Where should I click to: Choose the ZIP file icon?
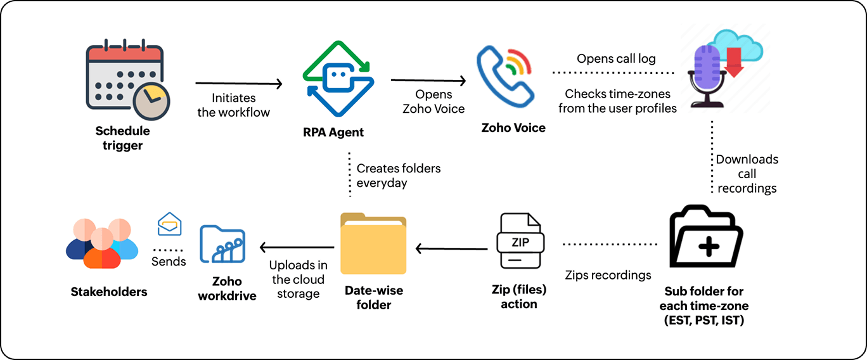[x=520, y=241]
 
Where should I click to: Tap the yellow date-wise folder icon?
[x=373, y=245]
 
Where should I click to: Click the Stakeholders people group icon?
[x=102, y=244]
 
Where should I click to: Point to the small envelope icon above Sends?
[x=169, y=224]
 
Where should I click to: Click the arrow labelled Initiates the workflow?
[x=238, y=83]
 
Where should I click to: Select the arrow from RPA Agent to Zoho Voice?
[x=428, y=80]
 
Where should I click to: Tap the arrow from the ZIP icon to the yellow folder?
[x=452, y=248]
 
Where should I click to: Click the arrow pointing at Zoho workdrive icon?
[x=297, y=247]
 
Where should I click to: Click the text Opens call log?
[x=616, y=59]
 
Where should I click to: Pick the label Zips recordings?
[x=608, y=275]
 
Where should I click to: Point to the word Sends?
[x=169, y=261]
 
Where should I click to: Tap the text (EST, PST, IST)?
[x=703, y=321]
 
